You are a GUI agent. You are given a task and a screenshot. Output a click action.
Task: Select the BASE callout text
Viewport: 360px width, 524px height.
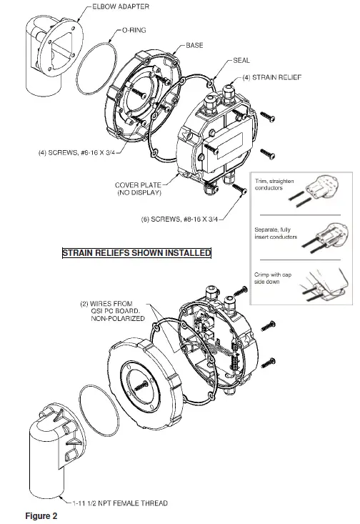194,45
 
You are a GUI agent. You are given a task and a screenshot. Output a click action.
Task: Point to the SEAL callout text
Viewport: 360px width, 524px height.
241,61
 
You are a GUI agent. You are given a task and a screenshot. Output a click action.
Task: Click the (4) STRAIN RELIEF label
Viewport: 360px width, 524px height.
269,76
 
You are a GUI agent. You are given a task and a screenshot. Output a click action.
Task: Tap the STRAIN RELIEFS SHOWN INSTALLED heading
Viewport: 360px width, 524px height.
136,253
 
